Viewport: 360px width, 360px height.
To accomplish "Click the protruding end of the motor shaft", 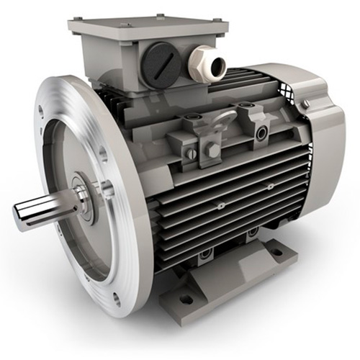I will [22, 213].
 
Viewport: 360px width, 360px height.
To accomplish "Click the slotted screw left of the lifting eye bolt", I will [189, 153].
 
